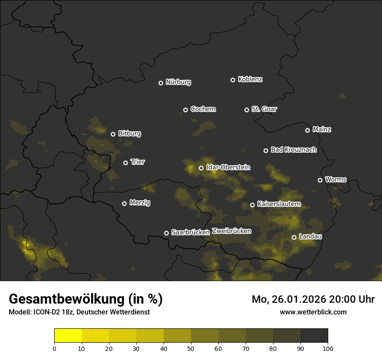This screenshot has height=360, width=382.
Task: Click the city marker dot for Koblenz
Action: [233, 80]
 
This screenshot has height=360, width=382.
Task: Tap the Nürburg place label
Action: [178, 82]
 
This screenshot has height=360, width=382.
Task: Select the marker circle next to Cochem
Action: [185, 110]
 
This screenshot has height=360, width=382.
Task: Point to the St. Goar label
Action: [264, 109]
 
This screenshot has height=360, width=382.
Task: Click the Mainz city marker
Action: [307, 130]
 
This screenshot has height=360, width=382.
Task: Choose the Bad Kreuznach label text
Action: [293, 150]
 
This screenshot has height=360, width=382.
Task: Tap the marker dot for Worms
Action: [320, 180]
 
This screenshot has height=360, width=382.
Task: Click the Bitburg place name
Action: [129, 134]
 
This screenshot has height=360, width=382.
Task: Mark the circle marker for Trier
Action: [125, 163]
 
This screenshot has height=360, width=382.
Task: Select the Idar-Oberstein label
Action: [228, 167]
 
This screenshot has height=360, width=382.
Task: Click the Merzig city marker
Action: [124, 203]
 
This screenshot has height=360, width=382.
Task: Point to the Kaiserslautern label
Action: [279, 204]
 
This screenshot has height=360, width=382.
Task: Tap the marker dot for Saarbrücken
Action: [166, 233]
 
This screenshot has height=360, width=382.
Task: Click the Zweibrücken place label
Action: [231, 231]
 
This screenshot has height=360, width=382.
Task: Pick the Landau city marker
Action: [294, 237]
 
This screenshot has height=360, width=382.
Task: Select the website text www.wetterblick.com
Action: [313, 312]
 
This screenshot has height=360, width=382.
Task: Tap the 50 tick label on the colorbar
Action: [191, 348]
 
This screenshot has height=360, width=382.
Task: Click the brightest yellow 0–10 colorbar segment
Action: [68, 336]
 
